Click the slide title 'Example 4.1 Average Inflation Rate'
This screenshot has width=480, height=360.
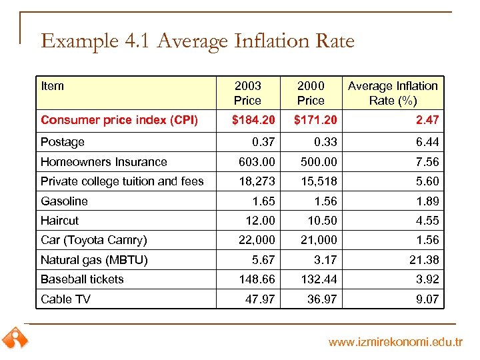tap(197, 41)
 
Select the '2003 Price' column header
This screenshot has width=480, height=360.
tap(247, 93)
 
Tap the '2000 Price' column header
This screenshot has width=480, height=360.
tap(311, 93)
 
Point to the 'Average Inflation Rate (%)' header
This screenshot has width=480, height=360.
tap(393, 93)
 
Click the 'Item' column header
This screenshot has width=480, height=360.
tap(53, 86)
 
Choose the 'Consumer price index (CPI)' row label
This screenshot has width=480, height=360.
tap(119, 120)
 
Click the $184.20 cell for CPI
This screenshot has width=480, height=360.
tap(253, 120)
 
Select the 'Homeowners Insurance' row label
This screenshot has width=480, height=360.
tap(104, 162)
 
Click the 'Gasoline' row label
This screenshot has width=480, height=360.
tap(64, 201)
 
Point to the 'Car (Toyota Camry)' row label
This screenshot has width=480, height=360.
tap(94, 240)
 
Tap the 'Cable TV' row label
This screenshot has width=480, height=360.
tap(65, 299)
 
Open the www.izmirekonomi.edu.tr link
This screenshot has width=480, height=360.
tap(395, 343)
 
